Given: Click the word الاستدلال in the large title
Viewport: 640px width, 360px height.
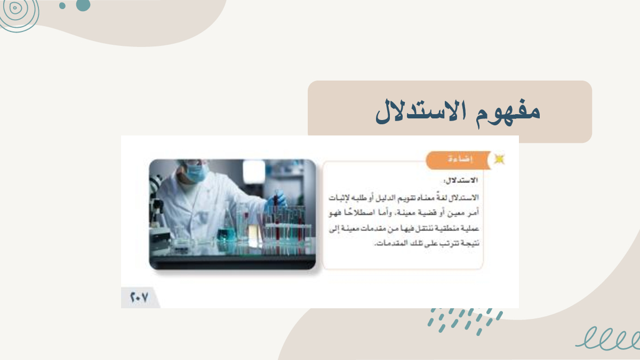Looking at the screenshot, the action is [421, 112].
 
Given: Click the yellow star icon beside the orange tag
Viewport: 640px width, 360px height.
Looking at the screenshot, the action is [499, 159].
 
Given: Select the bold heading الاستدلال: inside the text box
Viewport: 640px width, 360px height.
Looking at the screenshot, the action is [461, 180].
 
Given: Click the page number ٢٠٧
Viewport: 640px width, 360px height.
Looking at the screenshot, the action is [139, 297].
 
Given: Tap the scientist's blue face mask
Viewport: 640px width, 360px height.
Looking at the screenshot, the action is [196, 173].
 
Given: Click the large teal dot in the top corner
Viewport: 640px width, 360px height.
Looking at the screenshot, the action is [83, 5].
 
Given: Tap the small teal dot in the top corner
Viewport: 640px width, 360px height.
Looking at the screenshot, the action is [62, 6].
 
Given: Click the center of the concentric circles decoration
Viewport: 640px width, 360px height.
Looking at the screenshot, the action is [15, 7].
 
